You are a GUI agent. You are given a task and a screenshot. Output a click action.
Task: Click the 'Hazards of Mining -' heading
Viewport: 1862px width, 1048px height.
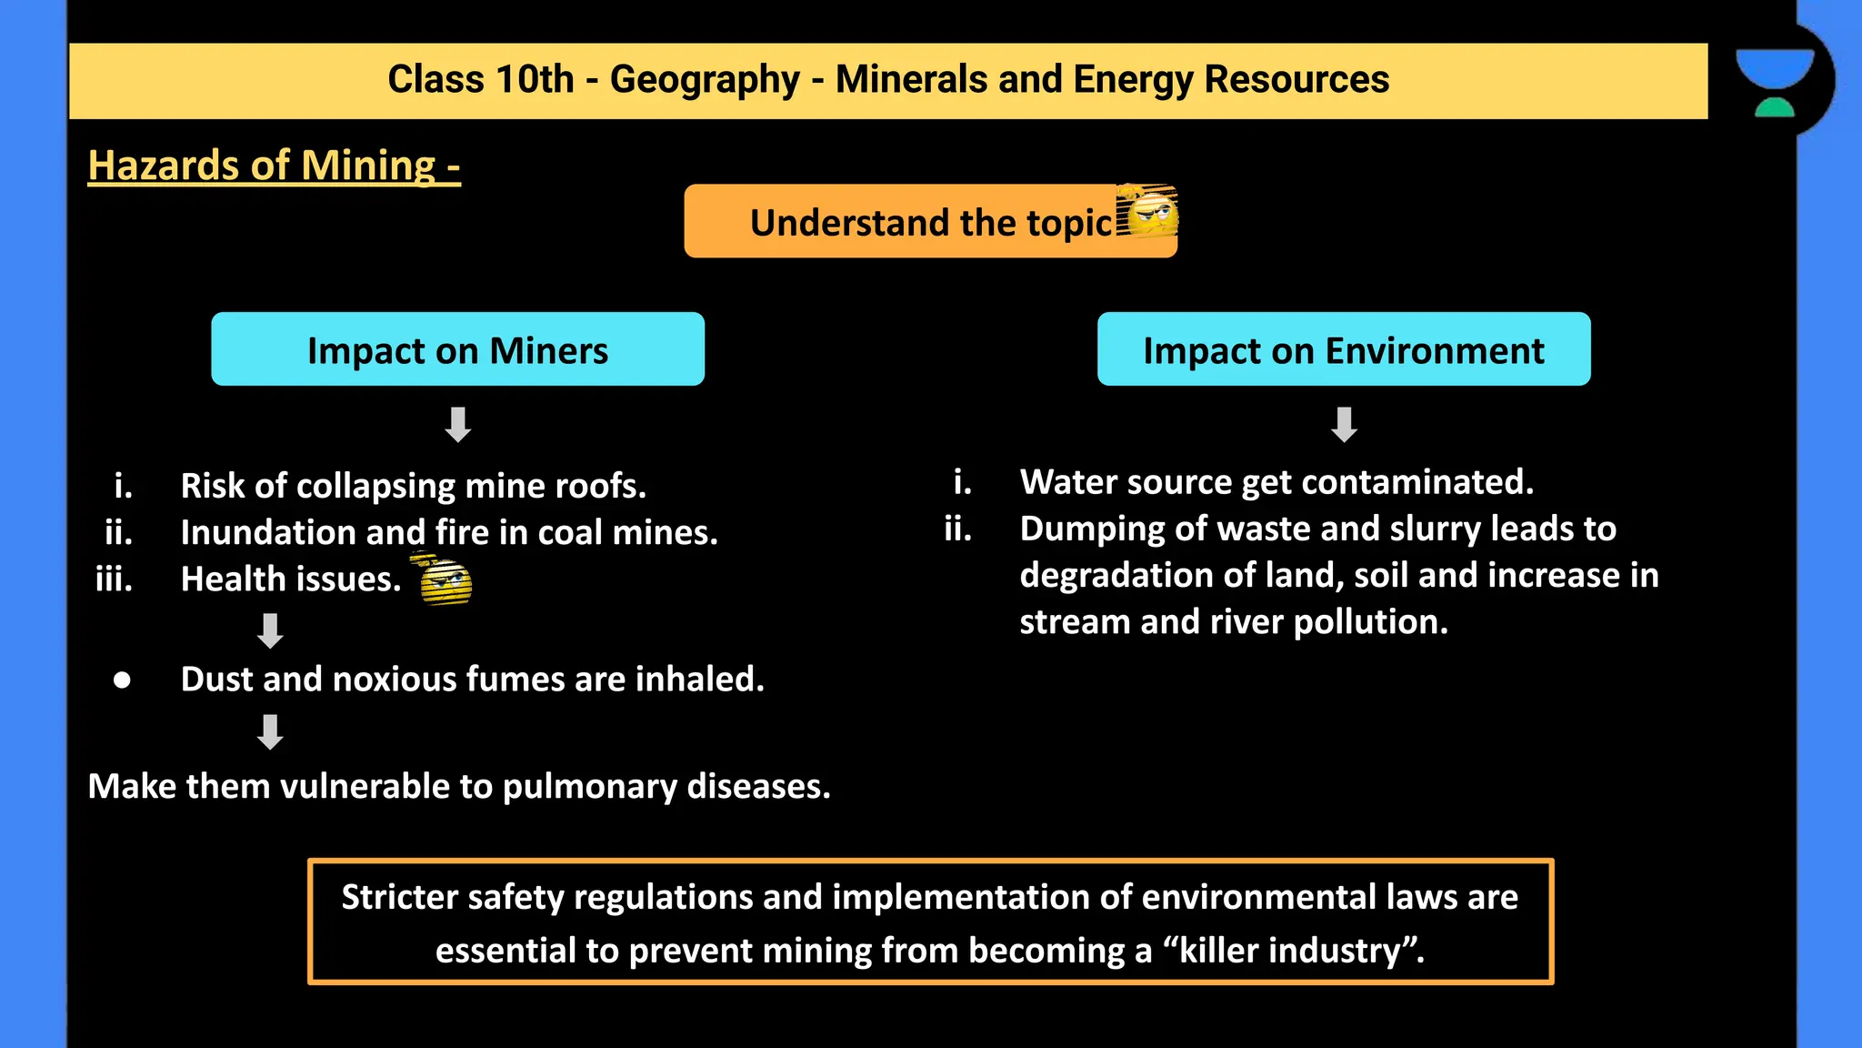[x=274, y=166]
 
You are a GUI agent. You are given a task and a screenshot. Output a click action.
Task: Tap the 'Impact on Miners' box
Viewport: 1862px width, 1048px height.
[x=457, y=350]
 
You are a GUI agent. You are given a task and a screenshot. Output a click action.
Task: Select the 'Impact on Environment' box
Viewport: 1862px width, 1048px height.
[x=1343, y=350]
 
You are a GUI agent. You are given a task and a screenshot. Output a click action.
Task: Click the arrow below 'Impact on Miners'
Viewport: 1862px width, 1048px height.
[x=457, y=424]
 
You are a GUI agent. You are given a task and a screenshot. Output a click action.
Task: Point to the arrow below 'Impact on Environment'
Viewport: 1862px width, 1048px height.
[x=1344, y=424]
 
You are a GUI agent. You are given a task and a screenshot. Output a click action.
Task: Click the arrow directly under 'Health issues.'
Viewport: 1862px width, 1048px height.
[x=270, y=630]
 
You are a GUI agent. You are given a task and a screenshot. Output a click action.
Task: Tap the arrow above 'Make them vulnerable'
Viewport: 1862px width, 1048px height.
[x=270, y=731]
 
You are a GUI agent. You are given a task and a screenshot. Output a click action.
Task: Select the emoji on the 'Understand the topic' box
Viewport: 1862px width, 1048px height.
[x=1147, y=212]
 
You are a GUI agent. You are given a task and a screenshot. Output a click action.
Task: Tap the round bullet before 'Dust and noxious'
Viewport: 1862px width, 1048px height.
[x=122, y=680]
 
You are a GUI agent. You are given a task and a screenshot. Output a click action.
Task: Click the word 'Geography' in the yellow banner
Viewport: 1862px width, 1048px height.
[x=705, y=80]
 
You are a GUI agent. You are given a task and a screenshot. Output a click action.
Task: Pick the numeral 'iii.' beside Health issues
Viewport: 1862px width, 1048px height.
[x=115, y=579]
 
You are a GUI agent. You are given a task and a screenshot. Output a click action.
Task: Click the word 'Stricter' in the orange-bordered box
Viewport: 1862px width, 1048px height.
[x=399, y=898]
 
